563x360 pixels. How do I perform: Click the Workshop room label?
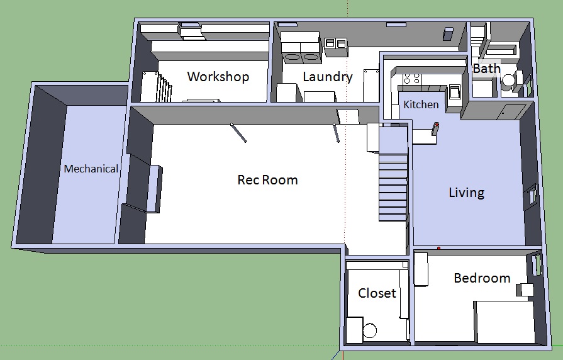point(218,77)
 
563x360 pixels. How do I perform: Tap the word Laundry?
point(328,77)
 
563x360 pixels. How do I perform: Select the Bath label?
point(486,68)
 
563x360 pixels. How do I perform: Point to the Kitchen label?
point(421,104)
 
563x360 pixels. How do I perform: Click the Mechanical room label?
point(91,169)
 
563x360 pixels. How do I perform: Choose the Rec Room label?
point(267,179)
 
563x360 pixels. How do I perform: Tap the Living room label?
point(466,193)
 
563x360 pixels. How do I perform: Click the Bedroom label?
point(482,278)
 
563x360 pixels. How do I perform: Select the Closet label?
point(377,293)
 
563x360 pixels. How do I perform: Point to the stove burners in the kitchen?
point(412,78)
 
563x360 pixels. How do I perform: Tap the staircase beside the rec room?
point(394,174)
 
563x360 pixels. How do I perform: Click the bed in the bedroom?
point(504,322)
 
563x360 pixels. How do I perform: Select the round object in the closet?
point(370,330)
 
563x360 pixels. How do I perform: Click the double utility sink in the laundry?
point(335,44)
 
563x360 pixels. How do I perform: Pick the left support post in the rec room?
point(238,133)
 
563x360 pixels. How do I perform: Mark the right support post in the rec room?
point(337,133)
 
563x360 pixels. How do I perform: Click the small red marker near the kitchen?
point(437,125)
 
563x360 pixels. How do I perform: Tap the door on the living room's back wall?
point(510,112)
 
